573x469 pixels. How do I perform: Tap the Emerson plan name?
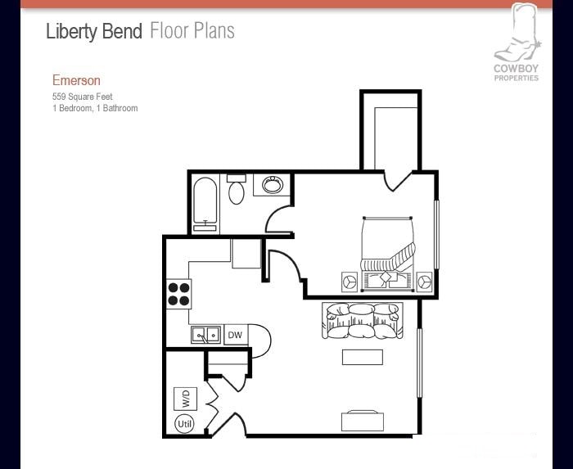76,80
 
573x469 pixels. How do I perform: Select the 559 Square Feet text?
83,97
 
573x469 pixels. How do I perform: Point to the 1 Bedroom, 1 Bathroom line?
95,108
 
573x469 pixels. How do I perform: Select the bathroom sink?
272,185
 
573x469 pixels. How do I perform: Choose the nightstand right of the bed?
424,282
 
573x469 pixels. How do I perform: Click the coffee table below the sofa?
362,357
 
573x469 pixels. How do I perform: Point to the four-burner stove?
179,293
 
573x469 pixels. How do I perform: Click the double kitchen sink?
206,334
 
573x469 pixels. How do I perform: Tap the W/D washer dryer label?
186,399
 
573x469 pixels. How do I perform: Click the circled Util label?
185,424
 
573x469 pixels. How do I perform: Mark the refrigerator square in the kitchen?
246,253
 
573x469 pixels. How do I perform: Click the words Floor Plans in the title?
192,32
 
